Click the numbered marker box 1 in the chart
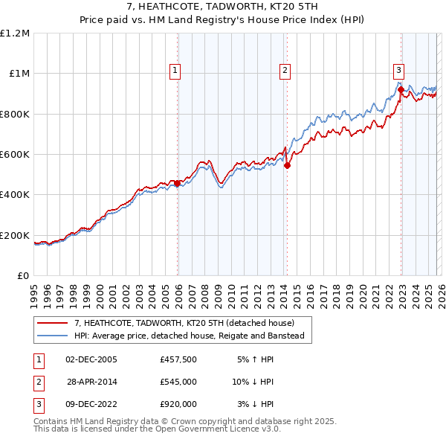(175, 71)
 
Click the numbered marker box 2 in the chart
(285, 71)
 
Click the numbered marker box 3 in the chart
(398, 71)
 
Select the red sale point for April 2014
(287, 165)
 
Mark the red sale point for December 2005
(177, 183)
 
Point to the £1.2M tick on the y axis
(15, 33)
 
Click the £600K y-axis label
(15, 155)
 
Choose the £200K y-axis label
(15, 235)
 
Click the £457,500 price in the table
(178, 359)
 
